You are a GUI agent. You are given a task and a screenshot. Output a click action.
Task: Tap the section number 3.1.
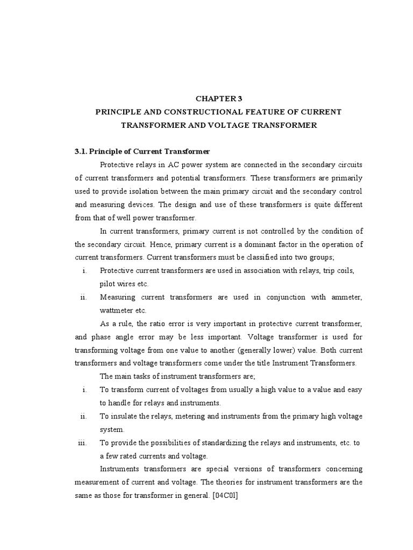(x=82, y=151)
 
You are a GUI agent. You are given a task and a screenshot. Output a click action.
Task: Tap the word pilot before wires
(x=109, y=283)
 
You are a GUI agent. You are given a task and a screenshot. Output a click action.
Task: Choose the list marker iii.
(x=82, y=442)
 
